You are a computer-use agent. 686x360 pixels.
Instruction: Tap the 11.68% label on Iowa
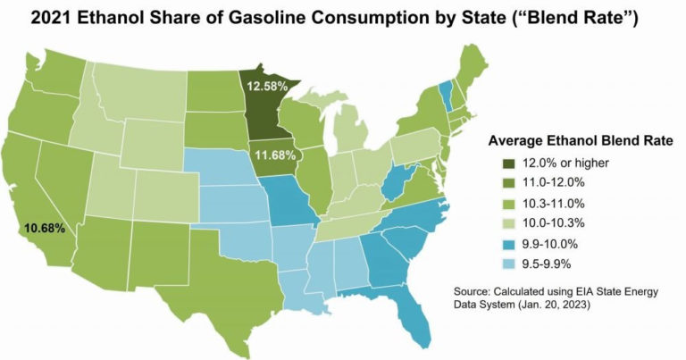point(275,155)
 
